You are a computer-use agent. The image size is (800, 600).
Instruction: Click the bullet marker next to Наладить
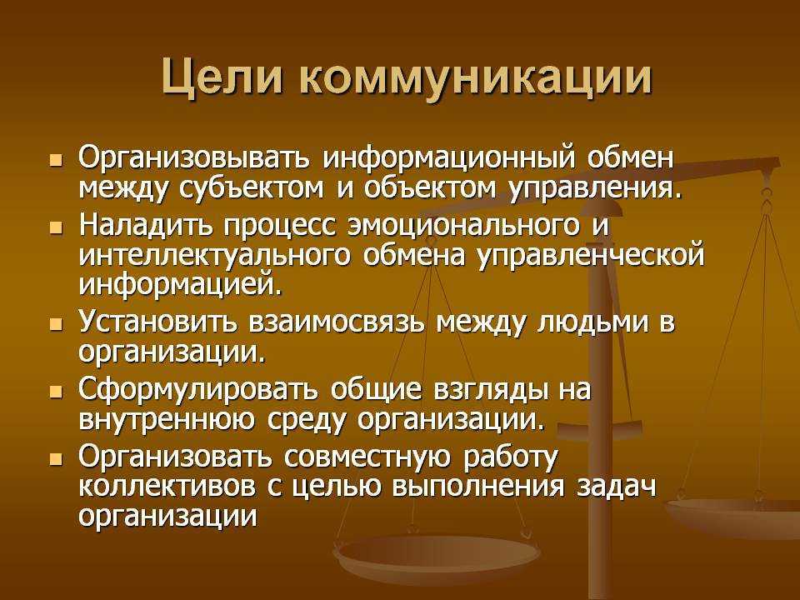tap(56, 227)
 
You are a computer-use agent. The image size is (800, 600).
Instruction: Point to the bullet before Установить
tap(56, 325)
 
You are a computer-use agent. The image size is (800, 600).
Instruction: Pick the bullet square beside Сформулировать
tap(56, 392)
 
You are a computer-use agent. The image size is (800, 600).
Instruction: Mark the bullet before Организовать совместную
tap(56, 458)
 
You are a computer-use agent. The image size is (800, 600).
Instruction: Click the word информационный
tap(447, 159)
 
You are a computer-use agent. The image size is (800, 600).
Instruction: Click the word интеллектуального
tap(215, 256)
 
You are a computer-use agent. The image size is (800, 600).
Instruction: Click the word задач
tap(617, 487)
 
